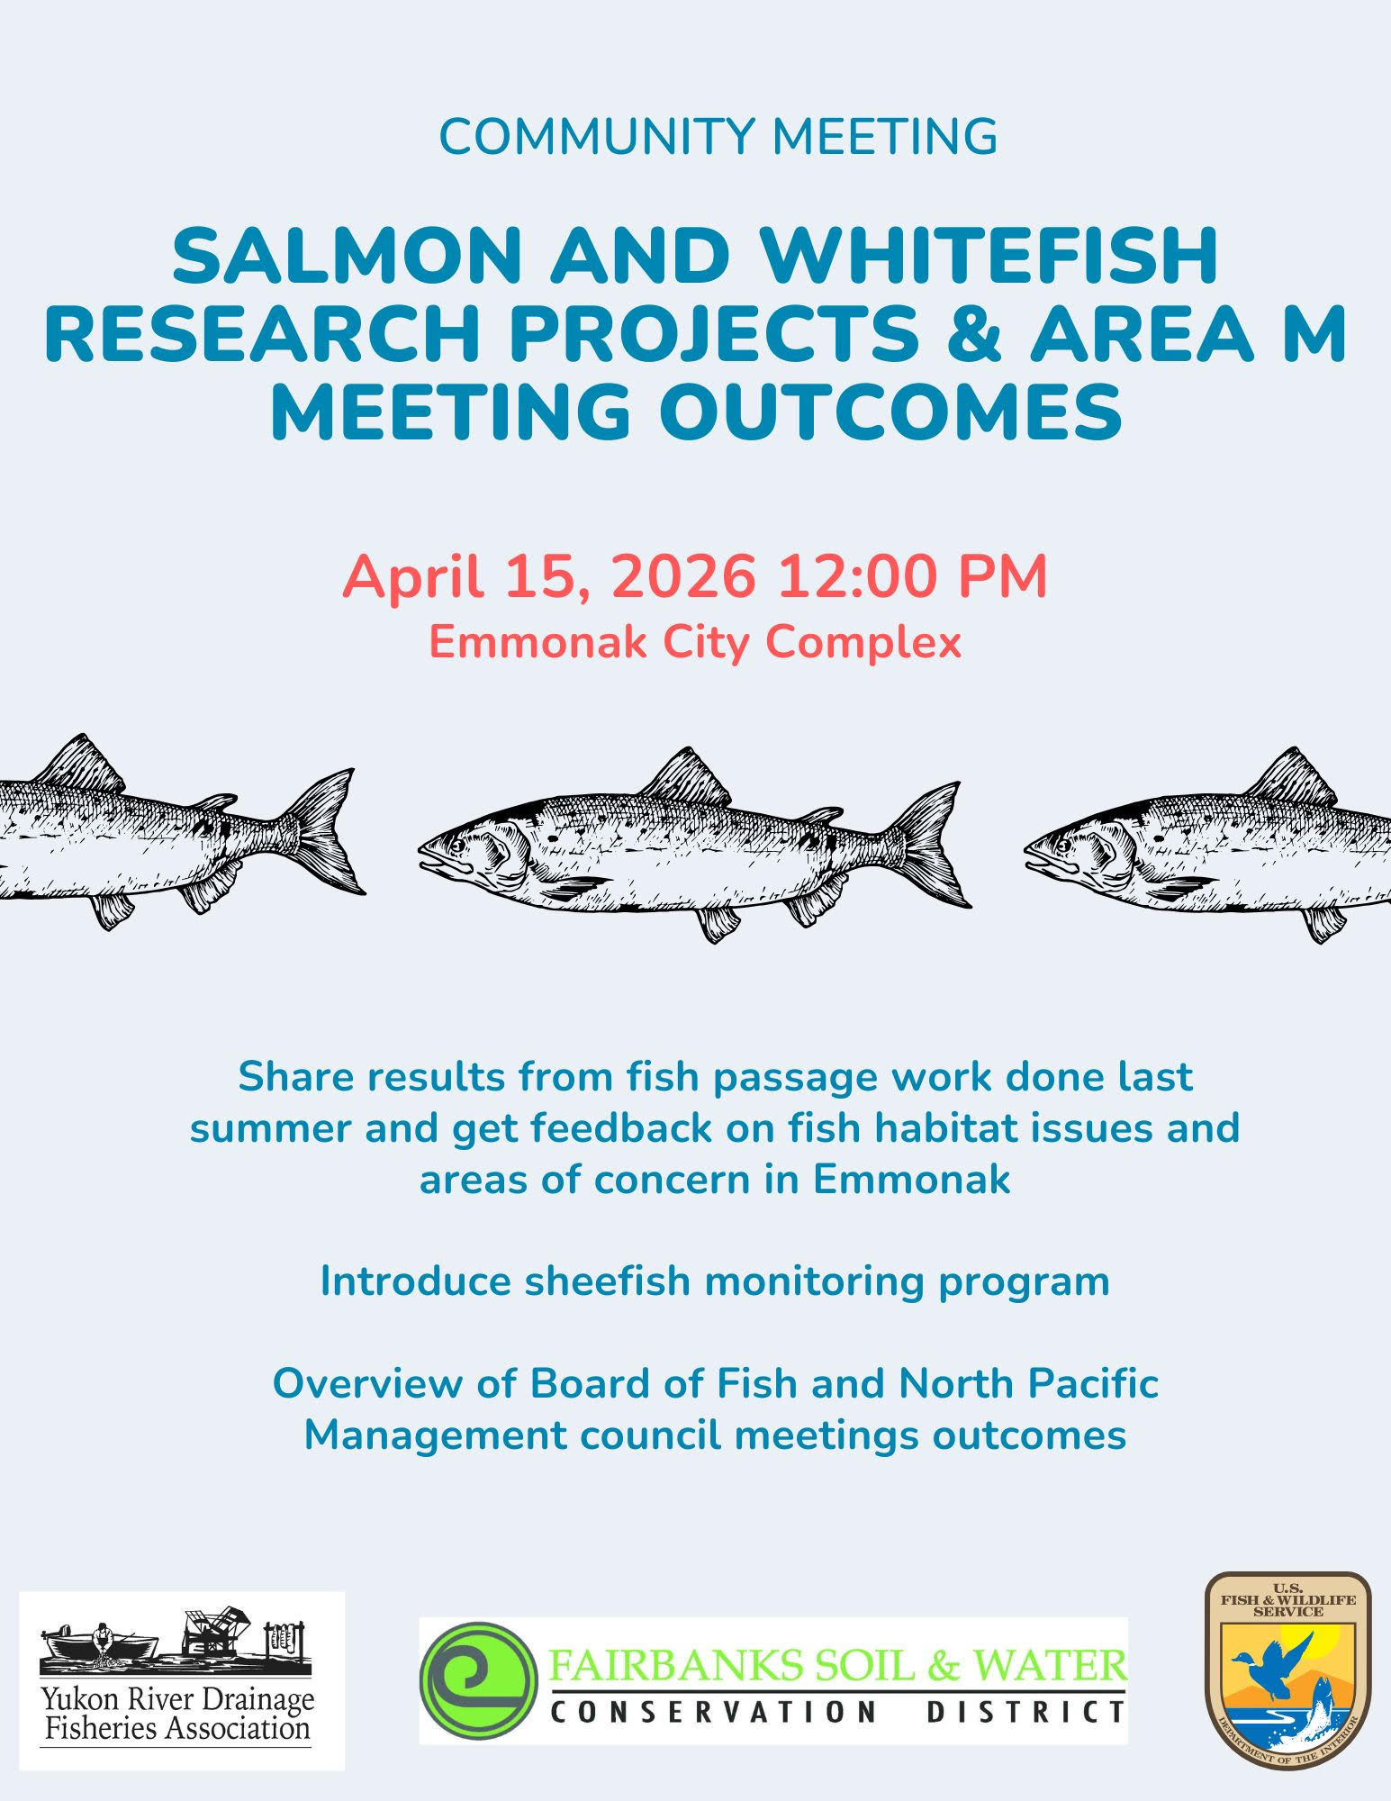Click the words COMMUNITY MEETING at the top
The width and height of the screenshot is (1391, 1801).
718,136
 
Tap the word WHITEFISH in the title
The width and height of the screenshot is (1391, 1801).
994,256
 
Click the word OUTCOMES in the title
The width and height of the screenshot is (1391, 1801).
891,412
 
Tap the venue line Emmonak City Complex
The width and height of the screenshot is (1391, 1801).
695,642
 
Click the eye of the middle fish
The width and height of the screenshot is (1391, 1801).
458,846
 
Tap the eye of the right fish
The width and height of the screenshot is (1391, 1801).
1065,846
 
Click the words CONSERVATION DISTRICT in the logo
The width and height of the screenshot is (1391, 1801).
837,1711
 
